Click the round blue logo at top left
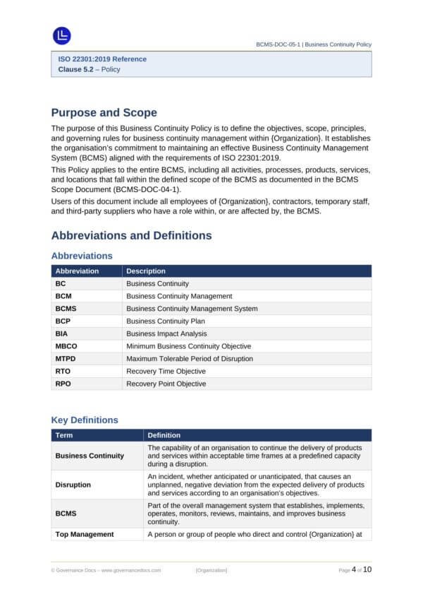[x=62, y=35]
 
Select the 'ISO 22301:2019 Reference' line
[x=102, y=59]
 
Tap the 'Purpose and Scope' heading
[x=104, y=113]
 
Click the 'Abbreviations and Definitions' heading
[x=131, y=235]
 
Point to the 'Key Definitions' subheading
[x=85, y=420]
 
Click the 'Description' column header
[x=146, y=271]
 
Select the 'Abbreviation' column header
[x=77, y=271]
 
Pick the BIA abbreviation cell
[x=62, y=333]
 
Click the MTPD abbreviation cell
[x=66, y=359]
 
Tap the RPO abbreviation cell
[x=63, y=384]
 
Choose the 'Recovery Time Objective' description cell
[x=166, y=372]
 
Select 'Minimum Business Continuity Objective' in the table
[x=188, y=346]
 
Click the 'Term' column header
[x=64, y=435]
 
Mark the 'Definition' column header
[x=164, y=435]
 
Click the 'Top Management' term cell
[x=84, y=534]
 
